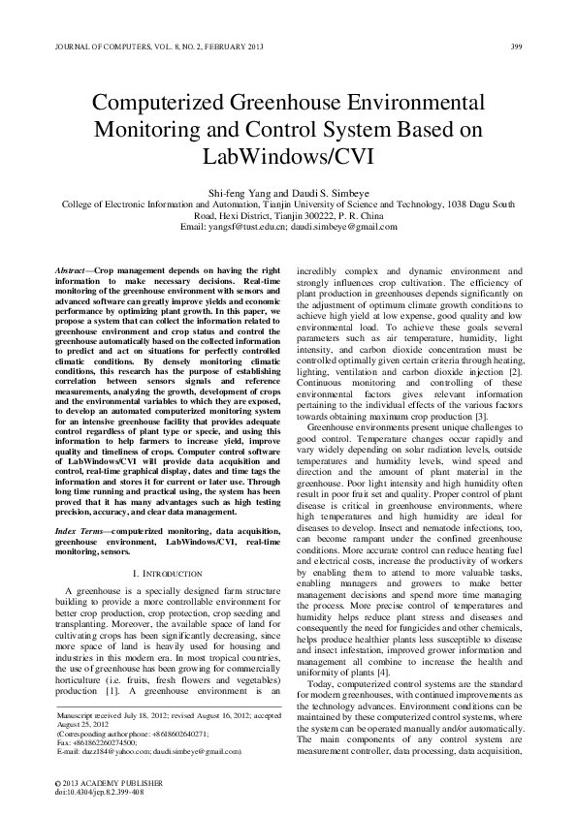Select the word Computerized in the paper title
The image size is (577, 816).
pos(174,104)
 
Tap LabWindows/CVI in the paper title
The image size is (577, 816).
pos(288,155)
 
